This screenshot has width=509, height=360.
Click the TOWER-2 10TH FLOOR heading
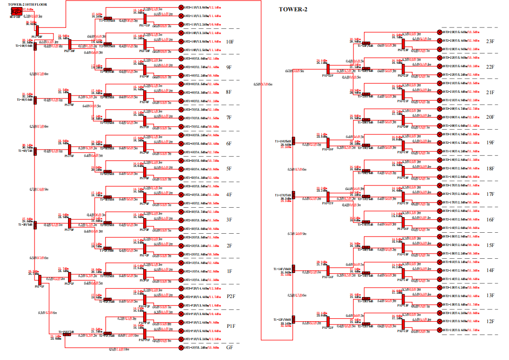(27, 4)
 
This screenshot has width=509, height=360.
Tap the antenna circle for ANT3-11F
(181, 8)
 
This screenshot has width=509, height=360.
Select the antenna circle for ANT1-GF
(181, 348)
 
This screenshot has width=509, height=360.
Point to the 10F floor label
(230, 42)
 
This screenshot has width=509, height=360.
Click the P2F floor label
(231, 297)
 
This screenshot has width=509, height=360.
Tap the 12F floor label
(490, 322)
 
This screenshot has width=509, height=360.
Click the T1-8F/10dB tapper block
(35, 99)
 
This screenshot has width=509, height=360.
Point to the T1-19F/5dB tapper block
(293, 140)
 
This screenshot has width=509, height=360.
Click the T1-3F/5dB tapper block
(35, 224)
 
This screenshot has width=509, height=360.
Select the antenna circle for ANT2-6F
(181, 143)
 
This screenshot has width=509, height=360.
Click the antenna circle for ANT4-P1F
(181, 314)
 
